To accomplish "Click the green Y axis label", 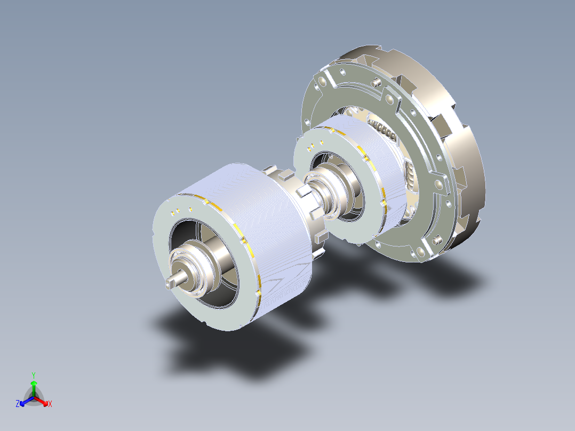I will (x=33, y=374).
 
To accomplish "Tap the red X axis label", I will (x=50, y=404).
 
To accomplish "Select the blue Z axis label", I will (x=18, y=404).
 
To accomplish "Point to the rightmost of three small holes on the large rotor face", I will (x=190, y=209).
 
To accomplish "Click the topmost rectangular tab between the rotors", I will (x=286, y=174).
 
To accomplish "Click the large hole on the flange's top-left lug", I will (x=320, y=83).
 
